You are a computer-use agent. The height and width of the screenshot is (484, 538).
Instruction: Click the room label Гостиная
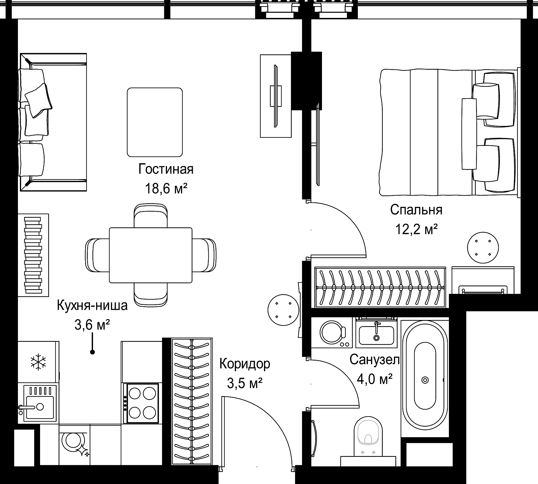point(166,169)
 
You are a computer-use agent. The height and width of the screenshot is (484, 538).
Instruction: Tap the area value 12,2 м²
point(416,230)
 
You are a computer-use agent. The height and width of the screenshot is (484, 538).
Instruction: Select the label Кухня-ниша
point(92,305)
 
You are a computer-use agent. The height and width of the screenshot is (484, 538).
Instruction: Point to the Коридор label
point(245,364)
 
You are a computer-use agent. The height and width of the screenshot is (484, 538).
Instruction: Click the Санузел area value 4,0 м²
point(374,379)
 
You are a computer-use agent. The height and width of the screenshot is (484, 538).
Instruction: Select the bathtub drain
point(425,380)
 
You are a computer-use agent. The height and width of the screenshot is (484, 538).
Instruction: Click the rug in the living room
point(155,122)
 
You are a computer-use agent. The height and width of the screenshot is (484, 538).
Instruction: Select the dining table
point(150,255)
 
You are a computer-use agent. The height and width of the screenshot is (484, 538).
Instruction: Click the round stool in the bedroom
point(483,248)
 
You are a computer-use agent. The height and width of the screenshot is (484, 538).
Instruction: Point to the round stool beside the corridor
point(283,310)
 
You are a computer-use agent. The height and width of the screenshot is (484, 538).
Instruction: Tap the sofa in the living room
point(53,122)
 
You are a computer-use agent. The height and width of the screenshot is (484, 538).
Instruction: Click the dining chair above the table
point(151,216)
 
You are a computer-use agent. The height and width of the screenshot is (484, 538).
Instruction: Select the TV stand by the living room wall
point(276,96)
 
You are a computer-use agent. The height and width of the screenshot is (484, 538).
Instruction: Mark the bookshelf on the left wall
point(33,255)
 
